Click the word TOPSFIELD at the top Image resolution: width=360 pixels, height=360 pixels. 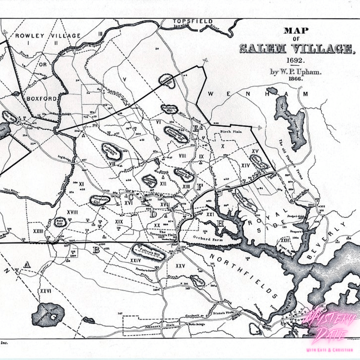[193, 21]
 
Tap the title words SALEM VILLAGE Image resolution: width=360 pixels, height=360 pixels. [295, 49]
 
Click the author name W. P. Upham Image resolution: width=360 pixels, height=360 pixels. [295, 72]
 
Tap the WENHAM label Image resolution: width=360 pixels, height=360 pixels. [258, 94]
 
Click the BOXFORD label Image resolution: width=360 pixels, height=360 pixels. [41, 99]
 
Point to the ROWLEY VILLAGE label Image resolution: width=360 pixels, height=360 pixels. [48, 36]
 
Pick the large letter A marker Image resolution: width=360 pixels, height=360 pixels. [27, 265]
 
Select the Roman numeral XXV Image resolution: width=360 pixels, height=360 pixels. [180, 266]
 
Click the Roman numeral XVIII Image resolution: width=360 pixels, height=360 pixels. [72, 212]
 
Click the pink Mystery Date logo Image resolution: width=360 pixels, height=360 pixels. [328, 328]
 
